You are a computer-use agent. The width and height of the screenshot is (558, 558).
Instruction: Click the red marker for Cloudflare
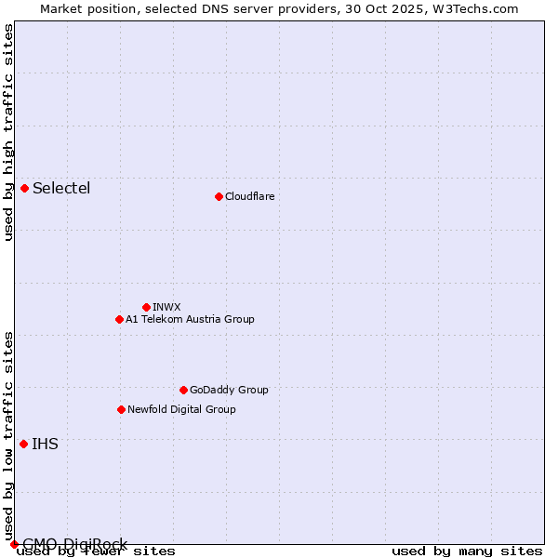pyautogui.click(x=219, y=196)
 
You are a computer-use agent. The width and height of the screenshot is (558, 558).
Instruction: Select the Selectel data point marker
pyautogui.click(x=24, y=188)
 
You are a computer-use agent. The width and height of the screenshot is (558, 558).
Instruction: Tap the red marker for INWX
pyautogui.click(x=146, y=307)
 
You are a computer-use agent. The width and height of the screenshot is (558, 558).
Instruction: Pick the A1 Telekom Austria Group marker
pyautogui.click(x=119, y=319)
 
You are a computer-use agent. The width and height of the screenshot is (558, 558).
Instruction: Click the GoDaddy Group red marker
pyautogui.click(x=183, y=390)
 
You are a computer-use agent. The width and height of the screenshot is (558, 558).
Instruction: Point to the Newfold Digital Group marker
pyautogui.click(x=121, y=409)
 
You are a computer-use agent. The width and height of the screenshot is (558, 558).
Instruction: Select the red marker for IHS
pyautogui.click(x=23, y=444)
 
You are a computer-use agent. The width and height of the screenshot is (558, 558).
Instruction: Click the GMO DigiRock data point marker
pyautogui.click(x=13, y=544)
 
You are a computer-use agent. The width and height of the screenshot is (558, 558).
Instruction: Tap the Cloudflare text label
pyautogui.click(x=249, y=196)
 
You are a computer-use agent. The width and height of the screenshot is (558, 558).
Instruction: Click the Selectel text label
pyautogui.click(x=61, y=188)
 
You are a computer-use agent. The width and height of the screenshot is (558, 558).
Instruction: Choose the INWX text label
pyautogui.click(x=166, y=307)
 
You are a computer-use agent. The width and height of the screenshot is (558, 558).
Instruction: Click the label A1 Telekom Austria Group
pyautogui.click(x=190, y=319)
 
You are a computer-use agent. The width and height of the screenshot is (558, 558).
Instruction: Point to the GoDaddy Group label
pyautogui.click(x=229, y=390)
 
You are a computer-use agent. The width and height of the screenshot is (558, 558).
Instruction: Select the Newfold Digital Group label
pyautogui.click(x=181, y=409)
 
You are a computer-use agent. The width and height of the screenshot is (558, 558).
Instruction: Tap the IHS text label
pyautogui.click(x=45, y=444)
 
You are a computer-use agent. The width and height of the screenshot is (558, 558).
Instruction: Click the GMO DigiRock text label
pyautogui.click(x=74, y=544)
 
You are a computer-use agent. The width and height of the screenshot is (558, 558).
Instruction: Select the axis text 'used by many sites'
pyautogui.click(x=467, y=551)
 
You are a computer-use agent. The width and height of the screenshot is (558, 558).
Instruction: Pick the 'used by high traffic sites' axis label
pyautogui.click(x=8, y=132)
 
